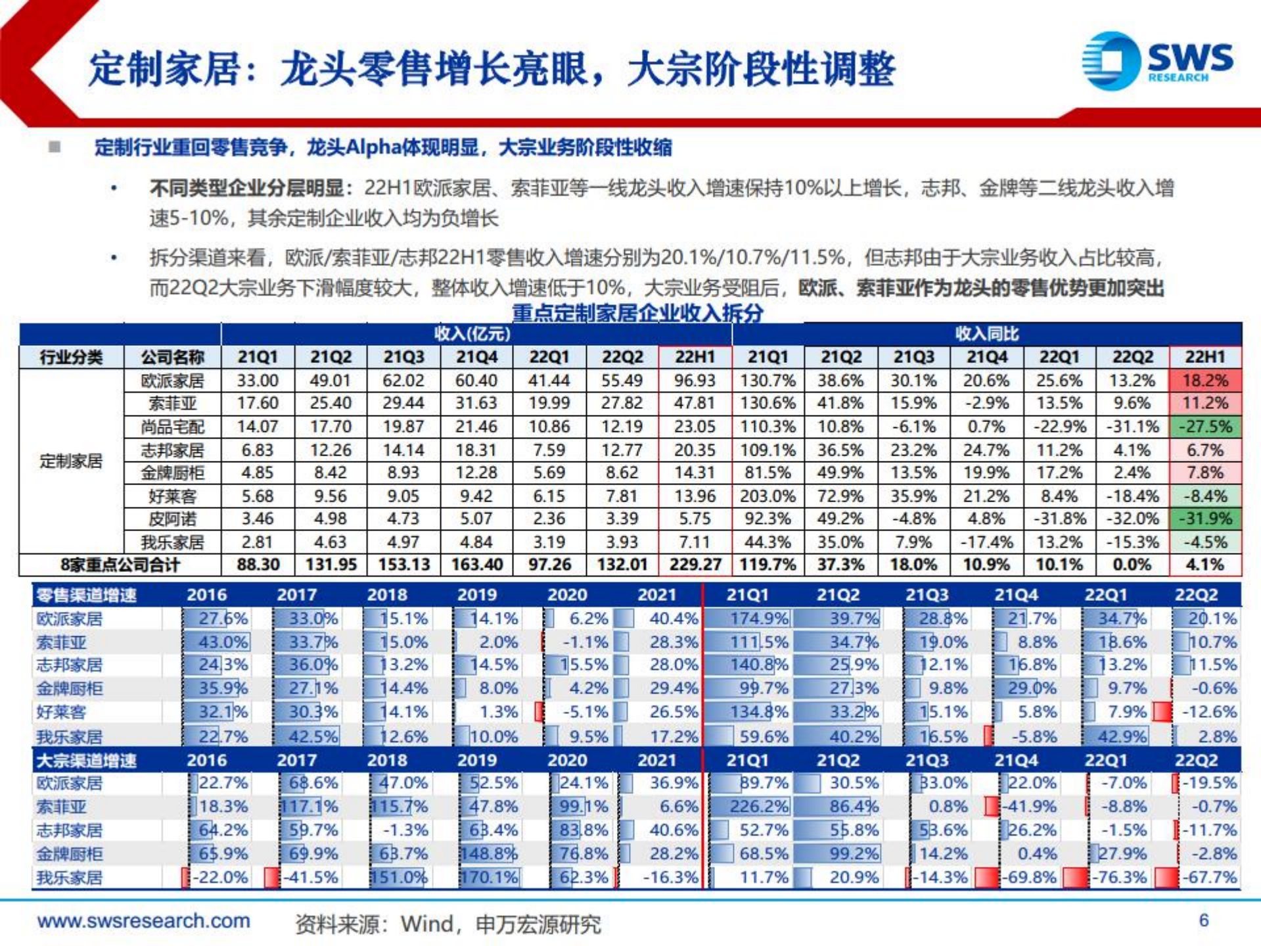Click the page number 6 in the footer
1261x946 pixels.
(x=1203, y=920)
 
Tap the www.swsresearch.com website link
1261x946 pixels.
(x=143, y=921)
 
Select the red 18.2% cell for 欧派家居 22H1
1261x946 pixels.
(x=1204, y=380)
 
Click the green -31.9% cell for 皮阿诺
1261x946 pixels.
(x=1204, y=519)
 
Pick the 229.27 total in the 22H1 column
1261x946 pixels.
(x=695, y=565)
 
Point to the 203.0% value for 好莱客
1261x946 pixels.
(x=767, y=496)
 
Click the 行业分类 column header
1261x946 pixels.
(x=71, y=357)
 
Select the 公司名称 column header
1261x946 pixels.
(x=172, y=357)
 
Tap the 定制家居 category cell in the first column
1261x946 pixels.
(x=71, y=461)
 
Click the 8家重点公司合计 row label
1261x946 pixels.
(x=120, y=565)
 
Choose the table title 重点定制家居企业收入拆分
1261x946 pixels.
(x=637, y=312)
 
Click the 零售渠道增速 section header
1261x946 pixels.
(x=86, y=596)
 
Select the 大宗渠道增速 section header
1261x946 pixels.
(x=86, y=761)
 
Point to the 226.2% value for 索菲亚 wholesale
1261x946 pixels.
(x=759, y=807)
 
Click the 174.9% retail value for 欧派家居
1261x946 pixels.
(x=759, y=619)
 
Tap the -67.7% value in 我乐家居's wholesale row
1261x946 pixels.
(x=1209, y=877)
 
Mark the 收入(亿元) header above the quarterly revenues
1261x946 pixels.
(x=472, y=333)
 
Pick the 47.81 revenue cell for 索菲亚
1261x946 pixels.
(x=695, y=403)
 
